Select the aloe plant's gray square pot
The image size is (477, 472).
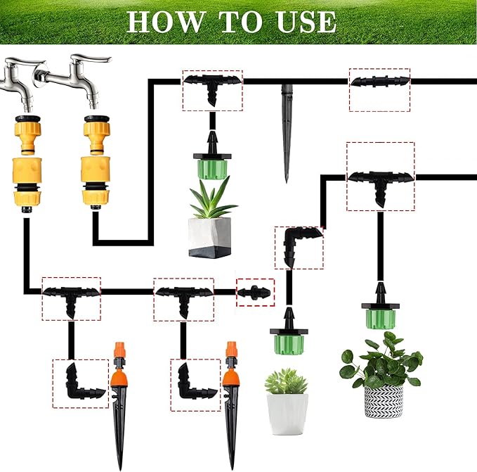209,236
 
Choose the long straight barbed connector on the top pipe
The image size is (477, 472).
379,82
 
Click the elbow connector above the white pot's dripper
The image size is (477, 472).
299,246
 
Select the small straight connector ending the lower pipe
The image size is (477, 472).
254,291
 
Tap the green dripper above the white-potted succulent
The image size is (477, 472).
288,340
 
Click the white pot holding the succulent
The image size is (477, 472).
287,413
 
